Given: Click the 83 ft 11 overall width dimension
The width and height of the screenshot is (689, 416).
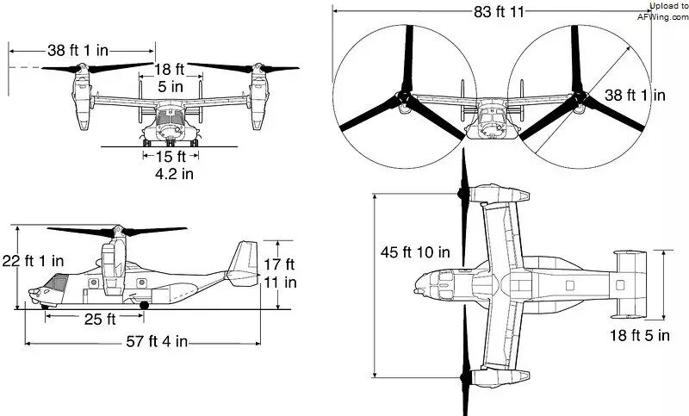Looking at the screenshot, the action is [499, 12].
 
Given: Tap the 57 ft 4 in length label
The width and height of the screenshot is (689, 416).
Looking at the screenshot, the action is [157, 341].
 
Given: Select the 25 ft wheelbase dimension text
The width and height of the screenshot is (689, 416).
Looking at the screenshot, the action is [100, 320].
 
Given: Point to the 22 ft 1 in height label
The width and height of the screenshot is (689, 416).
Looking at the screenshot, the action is [33, 261].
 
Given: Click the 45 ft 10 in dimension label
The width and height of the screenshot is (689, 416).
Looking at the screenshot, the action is [415, 252].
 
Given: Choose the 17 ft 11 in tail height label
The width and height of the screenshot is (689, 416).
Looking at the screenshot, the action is [280, 273].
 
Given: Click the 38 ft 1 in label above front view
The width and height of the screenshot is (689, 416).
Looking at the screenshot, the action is [78, 50].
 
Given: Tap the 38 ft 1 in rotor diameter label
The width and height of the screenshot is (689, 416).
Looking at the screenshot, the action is [635, 96].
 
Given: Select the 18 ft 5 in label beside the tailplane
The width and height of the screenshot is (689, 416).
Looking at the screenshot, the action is [639, 336].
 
